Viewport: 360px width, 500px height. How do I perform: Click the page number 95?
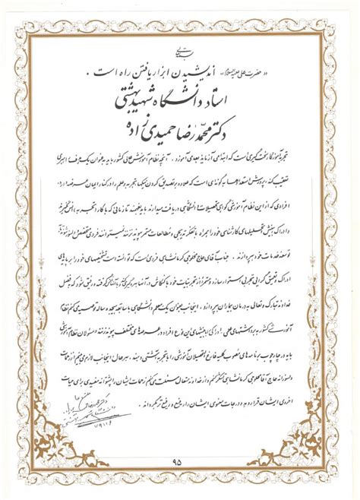(x=180, y=459)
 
